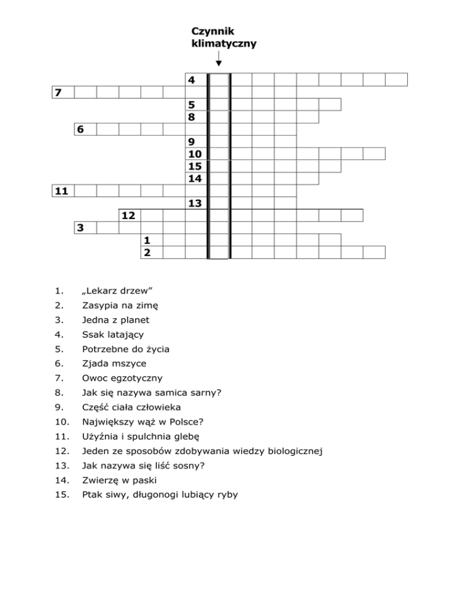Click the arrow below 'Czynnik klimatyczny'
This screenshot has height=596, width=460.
219,59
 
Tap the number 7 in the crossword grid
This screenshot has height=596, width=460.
57,92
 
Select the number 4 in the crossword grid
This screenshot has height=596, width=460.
191,80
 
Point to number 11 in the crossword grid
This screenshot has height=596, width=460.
60,191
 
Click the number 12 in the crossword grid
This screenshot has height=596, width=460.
128,215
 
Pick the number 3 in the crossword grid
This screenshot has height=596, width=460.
80,228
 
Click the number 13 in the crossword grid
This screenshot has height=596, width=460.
194,204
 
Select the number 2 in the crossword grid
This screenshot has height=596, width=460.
147,252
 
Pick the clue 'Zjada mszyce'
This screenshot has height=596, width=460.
113,363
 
